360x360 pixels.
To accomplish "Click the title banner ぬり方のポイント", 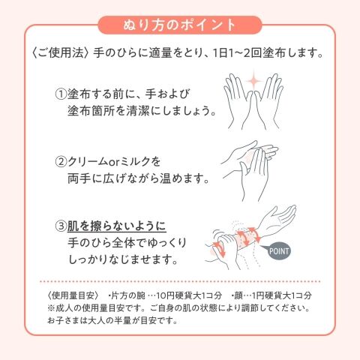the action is pos(180,25).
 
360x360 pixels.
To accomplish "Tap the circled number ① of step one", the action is pos(61,94).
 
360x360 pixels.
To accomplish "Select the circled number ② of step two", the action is pos(61,162).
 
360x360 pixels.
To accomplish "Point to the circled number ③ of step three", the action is pos(61,226).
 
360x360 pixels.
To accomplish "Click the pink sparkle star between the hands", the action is pos(254,80).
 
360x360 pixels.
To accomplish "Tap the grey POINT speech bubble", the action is pos(277,251).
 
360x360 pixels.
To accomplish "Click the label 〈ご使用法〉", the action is pos(61,53).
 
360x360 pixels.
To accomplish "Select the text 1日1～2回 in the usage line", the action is pos(236,53).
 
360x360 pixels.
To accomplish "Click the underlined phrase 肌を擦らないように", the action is pos(117,226).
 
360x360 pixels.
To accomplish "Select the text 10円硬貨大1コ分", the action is pos(189,295).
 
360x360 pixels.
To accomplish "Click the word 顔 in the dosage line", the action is pos(238,295).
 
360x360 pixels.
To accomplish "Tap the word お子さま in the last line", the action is pos(63,320).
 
